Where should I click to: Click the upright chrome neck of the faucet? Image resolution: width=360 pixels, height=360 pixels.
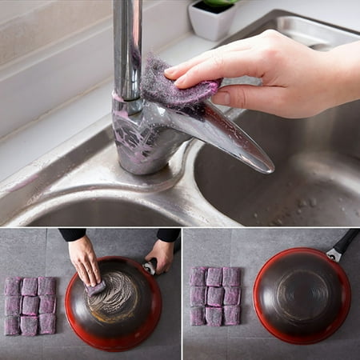pyautogui.click(x=127, y=48)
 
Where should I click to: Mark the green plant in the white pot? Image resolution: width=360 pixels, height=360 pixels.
pyautogui.click(x=218, y=4)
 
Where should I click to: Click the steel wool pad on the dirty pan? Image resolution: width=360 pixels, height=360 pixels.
pyautogui.click(x=96, y=286)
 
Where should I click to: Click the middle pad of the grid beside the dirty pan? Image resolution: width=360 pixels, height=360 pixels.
pyautogui.click(x=29, y=306)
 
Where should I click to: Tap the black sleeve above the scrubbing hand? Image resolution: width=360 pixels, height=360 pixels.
pyautogui.click(x=72, y=234)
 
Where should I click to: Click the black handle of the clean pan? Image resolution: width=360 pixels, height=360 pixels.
pyautogui.click(x=346, y=242)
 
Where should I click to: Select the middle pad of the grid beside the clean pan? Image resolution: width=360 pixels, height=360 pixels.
pyautogui.click(x=214, y=296)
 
